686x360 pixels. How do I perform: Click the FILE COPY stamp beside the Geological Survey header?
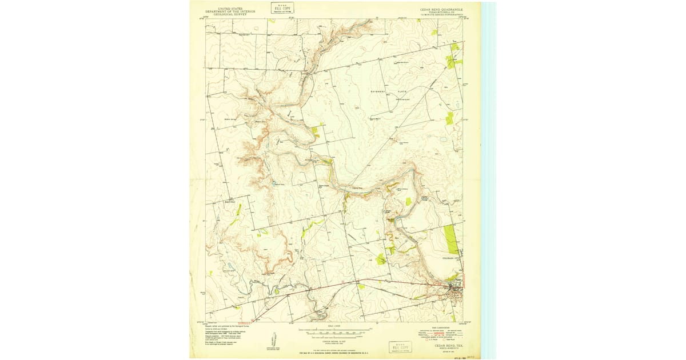pos(280,8)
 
